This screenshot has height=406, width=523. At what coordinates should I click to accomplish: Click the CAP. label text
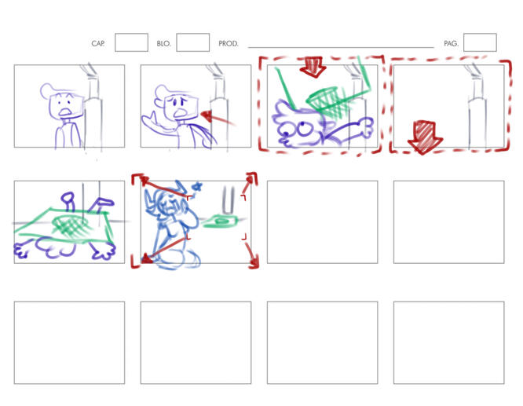(x=98, y=43)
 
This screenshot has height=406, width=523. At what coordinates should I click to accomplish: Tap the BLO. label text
(x=163, y=43)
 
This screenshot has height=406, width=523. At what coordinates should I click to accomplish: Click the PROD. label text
(x=229, y=43)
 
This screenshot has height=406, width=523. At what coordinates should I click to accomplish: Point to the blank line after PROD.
(x=341, y=47)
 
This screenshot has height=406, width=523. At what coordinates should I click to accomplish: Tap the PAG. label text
(x=451, y=43)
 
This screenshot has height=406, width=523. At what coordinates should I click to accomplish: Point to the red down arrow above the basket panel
(x=313, y=67)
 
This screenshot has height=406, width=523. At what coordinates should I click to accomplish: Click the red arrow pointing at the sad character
(x=218, y=119)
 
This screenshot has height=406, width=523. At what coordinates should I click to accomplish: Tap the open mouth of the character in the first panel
(x=65, y=112)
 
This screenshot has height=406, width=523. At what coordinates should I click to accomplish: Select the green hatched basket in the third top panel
(x=328, y=100)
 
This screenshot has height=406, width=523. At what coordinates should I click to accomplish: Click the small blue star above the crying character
(x=197, y=186)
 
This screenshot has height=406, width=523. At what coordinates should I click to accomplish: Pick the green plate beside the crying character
(x=220, y=221)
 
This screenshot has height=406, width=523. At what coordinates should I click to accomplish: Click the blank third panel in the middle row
(x=322, y=222)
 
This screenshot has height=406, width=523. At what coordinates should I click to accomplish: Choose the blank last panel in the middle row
(x=448, y=222)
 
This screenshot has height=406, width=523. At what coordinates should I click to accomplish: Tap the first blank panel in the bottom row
(x=69, y=342)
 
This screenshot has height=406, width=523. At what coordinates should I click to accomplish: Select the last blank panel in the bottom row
(x=448, y=342)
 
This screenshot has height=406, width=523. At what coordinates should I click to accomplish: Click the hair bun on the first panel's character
(x=46, y=90)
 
